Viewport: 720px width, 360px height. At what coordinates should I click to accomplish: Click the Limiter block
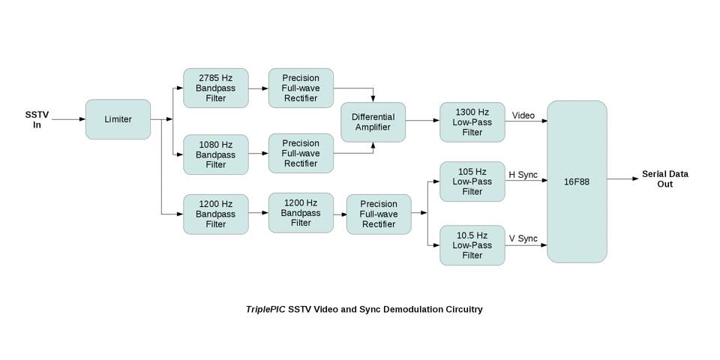tap(118, 119)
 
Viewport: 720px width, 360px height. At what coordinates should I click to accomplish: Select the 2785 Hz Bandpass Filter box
tap(215, 88)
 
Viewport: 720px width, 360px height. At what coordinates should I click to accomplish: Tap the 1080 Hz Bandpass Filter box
tap(215, 154)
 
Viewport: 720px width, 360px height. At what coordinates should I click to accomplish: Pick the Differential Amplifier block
tap(373, 123)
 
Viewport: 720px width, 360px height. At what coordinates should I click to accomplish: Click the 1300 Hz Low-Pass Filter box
tap(472, 122)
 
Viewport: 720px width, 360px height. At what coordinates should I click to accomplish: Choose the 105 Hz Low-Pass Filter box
tap(472, 181)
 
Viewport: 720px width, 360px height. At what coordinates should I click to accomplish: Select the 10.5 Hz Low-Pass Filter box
tap(472, 245)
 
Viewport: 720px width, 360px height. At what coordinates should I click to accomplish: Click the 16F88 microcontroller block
tap(577, 181)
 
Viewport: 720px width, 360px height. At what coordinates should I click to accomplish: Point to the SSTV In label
tap(37, 119)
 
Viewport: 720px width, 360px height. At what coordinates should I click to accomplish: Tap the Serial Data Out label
tap(664, 178)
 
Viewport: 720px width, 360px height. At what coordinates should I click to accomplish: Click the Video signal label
tap(523, 115)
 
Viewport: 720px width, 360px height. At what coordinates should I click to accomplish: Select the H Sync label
tap(523, 175)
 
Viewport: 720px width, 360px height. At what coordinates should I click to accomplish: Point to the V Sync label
tap(523, 238)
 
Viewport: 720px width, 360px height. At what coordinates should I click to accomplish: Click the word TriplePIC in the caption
tap(265, 309)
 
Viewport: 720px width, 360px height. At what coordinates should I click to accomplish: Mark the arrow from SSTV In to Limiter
tap(68, 119)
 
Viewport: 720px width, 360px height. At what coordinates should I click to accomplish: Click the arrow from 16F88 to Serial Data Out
tap(623, 179)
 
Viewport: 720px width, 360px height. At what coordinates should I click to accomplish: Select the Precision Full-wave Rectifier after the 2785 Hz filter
tap(301, 88)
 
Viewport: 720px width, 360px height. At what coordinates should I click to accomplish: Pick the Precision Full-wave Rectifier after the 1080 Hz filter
tap(301, 154)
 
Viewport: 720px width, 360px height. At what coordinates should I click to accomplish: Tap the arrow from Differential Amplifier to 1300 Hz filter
tap(422, 120)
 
